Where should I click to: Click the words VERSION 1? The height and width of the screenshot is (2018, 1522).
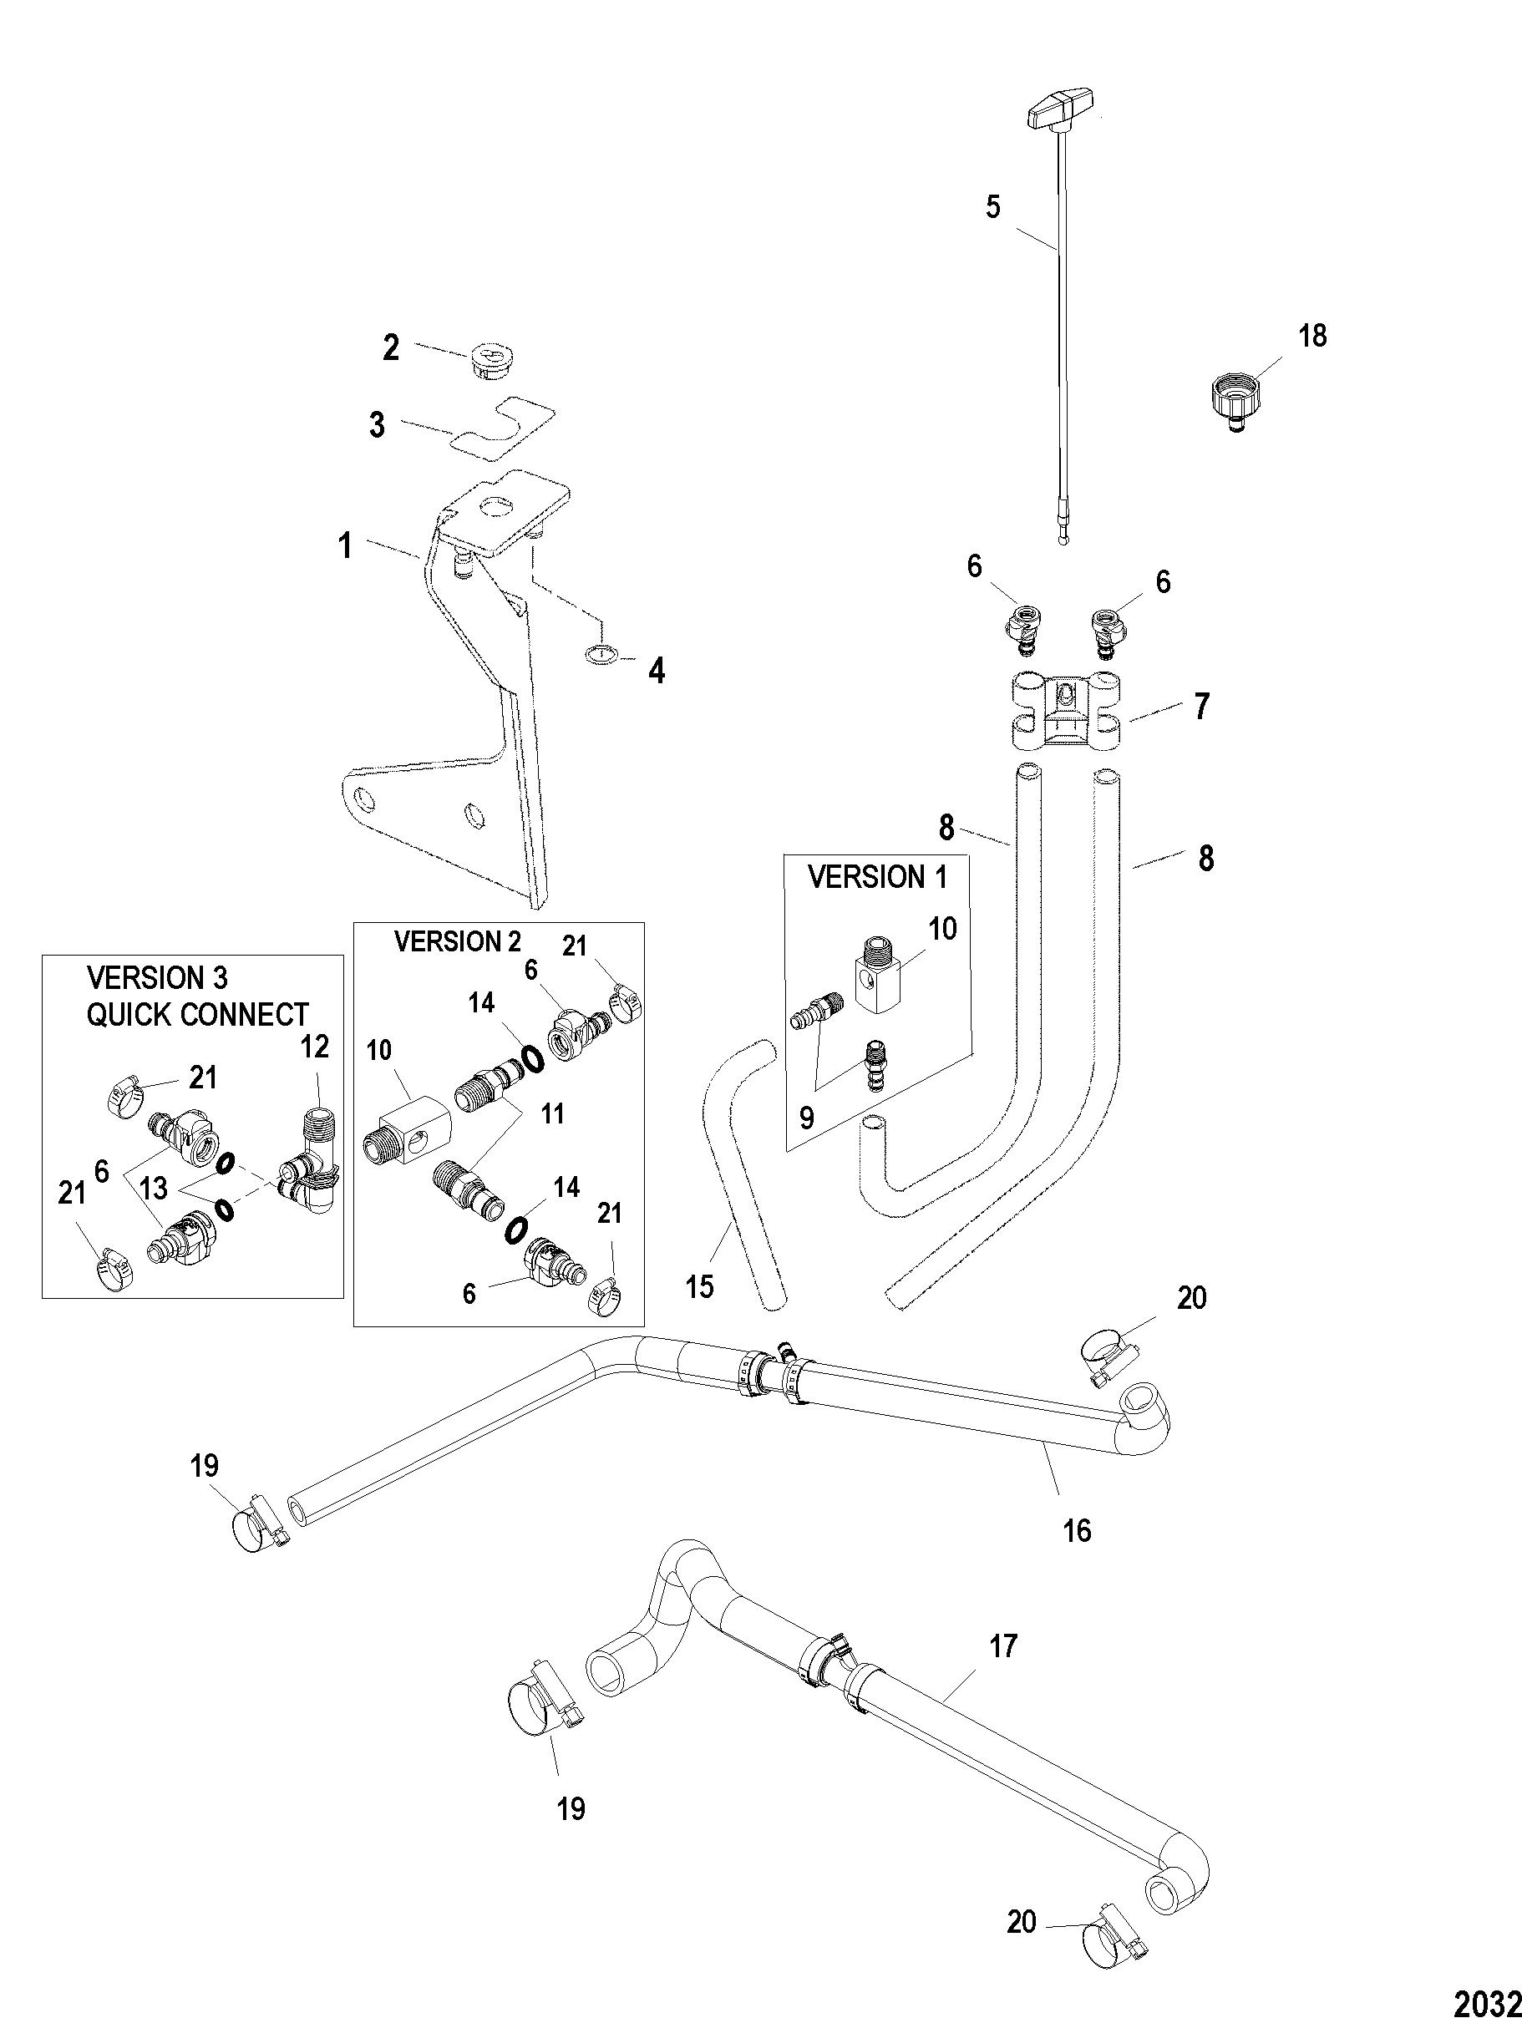[878, 878]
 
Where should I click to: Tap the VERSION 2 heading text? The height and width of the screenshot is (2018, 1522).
[458, 942]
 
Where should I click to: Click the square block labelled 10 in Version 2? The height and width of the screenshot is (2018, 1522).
[406, 1128]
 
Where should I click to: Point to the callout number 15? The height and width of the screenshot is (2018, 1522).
[701, 1286]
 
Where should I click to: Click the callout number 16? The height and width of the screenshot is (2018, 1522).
[1077, 1530]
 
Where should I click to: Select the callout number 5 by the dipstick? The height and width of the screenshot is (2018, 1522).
[992, 207]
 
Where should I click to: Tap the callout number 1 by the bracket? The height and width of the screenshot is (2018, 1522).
[345, 546]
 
